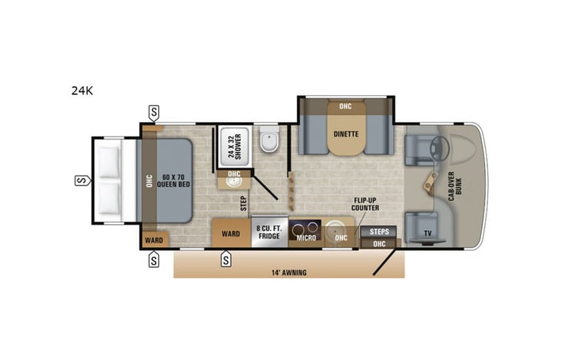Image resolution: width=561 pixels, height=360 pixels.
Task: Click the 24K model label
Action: pyautogui.click(x=82, y=90)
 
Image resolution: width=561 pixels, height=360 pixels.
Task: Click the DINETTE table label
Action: pyautogui.click(x=347, y=134)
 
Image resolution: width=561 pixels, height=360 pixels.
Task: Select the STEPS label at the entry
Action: pyautogui.click(x=379, y=231)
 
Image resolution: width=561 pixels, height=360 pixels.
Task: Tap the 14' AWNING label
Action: pyautogui.click(x=289, y=272)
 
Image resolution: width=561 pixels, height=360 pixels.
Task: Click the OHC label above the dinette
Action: pyautogui.click(x=345, y=106)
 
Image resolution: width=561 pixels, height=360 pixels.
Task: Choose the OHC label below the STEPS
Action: pyautogui.click(x=379, y=243)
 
